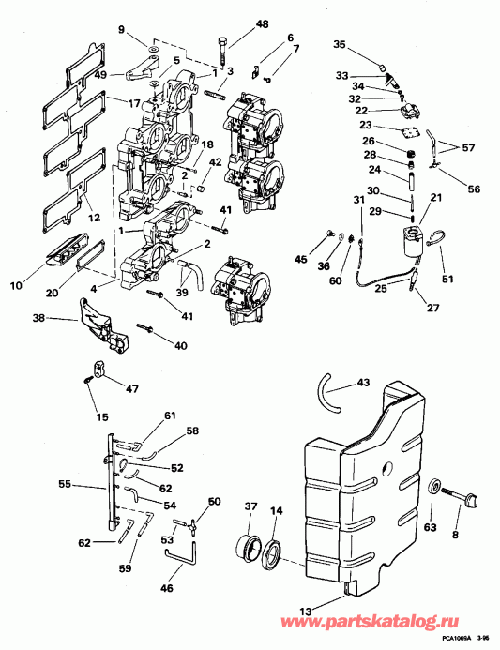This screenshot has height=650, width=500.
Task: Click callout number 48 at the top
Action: pyautogui.click(x=235, y=23)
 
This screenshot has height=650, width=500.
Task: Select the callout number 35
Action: pyautogui.click(x=340, y=44)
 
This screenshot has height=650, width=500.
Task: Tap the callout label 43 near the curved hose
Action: pyautogui.click(x=363, y=382)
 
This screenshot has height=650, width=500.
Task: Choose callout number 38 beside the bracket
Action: pyautogui.click(x=38, y=318)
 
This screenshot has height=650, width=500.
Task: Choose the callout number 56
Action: pyautogui.click(x=474, y=189)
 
